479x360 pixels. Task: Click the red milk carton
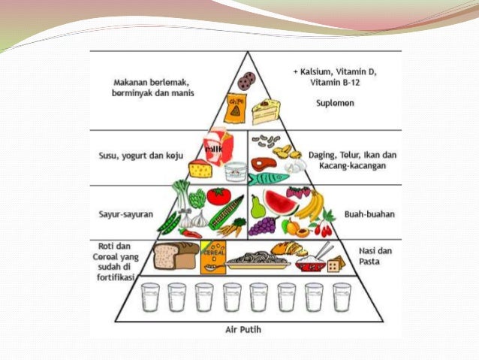pos(215,146)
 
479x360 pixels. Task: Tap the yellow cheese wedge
pos(200,169)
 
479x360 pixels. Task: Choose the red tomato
pos(218,196)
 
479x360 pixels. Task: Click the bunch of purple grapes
pos(262,225)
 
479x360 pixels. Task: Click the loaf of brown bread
pos(176,256)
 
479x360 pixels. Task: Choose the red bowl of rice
pos(309,262)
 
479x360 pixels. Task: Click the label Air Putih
pos(247,328)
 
